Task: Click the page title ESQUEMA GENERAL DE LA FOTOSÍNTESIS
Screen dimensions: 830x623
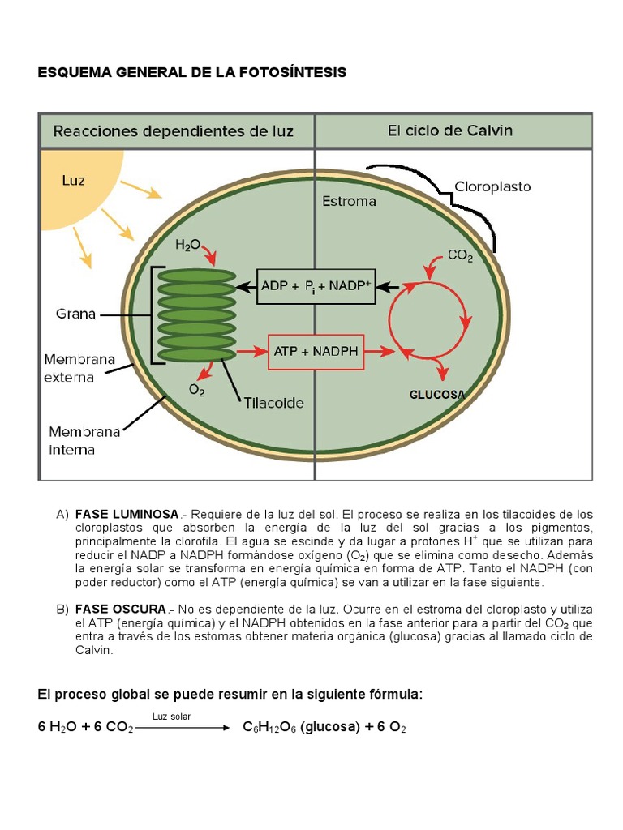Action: point(192,73)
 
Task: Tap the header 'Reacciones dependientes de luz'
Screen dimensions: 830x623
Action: point(174,130)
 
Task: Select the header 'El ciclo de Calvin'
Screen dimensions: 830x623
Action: point(449,130)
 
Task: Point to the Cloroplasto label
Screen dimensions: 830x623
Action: point(492,186)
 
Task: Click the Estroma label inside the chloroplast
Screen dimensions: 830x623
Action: point(349,201)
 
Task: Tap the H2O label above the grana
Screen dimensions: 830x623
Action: point(187,243)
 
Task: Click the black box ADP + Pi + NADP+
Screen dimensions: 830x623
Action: point(316,286)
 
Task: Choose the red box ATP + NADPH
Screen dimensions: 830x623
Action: point(316,352)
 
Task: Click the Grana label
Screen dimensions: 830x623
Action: point(75,314)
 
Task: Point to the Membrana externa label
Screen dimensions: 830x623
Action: point(79,368)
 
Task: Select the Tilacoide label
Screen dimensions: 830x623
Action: point(274,403)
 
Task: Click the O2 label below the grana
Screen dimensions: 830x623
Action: point(196,391)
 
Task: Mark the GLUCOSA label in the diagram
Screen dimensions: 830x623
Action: point(436,395)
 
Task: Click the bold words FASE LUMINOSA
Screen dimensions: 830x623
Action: point(127,515)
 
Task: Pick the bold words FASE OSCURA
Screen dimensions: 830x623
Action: point(121,609)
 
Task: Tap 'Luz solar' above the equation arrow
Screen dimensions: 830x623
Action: point(171,716)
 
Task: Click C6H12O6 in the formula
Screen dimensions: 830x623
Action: point(269,728)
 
